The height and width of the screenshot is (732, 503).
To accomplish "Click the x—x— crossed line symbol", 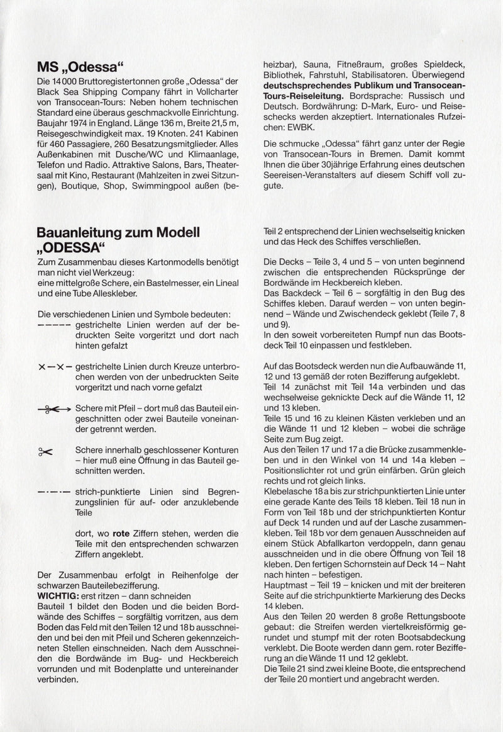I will click(54, 367).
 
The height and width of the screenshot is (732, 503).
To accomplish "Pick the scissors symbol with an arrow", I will click(54, 409).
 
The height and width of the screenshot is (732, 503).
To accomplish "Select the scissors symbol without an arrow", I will click(46, 451).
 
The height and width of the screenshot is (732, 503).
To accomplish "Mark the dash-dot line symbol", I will click(54, 492).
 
